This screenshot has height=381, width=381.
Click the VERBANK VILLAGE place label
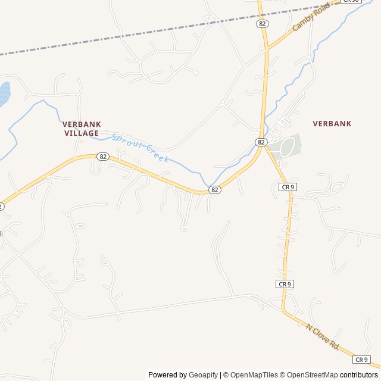point(82,129)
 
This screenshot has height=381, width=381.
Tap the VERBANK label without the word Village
point(332,124)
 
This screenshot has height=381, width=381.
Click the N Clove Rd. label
point(323,336)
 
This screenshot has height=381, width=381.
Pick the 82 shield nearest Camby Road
point(263,23)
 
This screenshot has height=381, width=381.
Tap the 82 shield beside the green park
point(261,142)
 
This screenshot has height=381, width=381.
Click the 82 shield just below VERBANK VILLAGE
point(104,157)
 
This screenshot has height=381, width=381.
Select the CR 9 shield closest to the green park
point(288,187)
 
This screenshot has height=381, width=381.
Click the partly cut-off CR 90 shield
point(352,1)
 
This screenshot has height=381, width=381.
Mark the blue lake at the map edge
point(4,94)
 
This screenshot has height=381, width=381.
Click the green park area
point(289,146)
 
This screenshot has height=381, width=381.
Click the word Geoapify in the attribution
point(204,375)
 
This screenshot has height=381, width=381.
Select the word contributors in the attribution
point(359,375)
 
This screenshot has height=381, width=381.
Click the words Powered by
point(167,375)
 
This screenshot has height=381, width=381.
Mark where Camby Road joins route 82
point(266,49)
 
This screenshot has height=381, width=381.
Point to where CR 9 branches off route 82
point(264,145)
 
